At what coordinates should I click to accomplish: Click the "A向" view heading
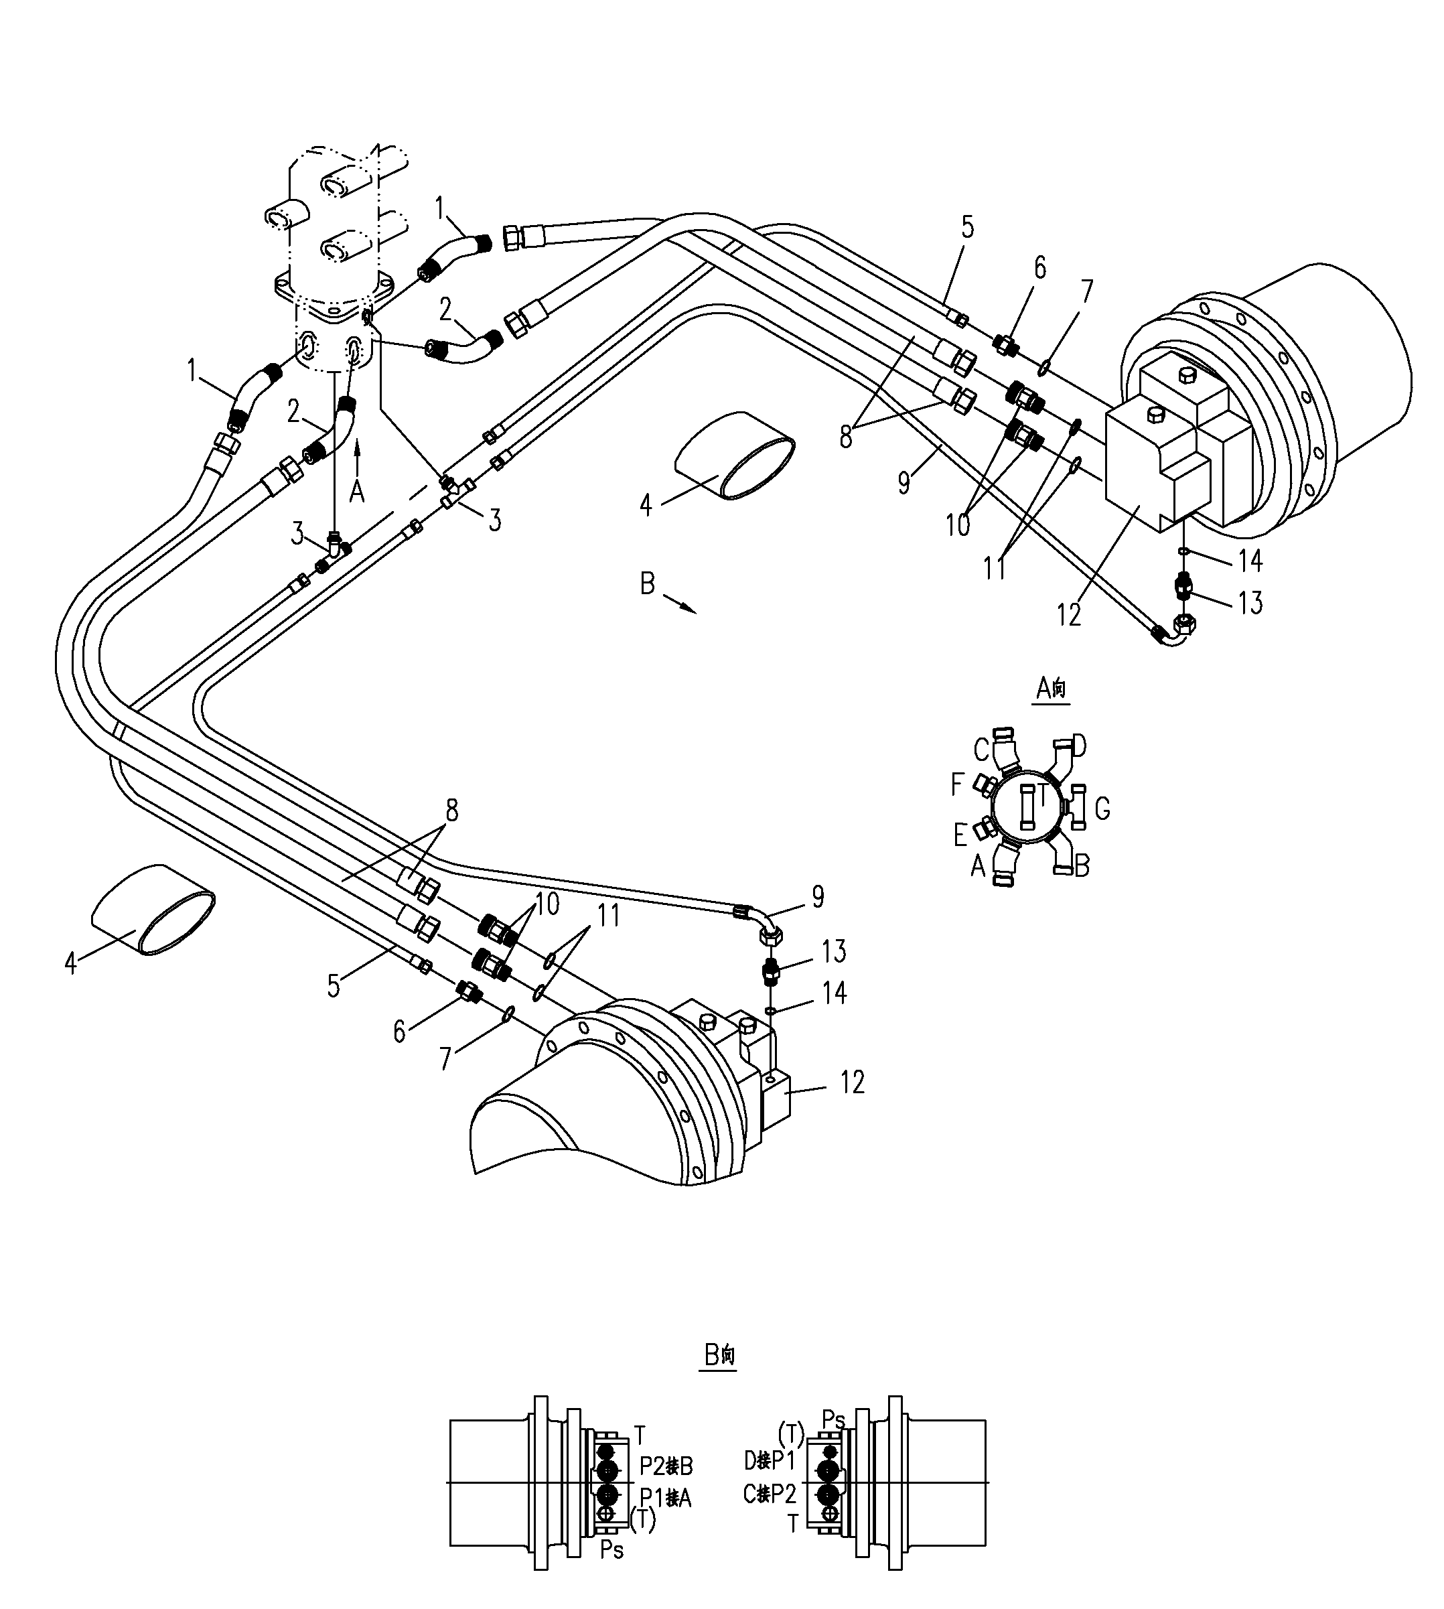coord(1052,688)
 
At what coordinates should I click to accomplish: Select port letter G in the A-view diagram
coord(1102,809)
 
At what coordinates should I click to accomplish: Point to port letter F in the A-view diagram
coord(958,786)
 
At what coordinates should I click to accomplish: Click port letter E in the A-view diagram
coord(960,835)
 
